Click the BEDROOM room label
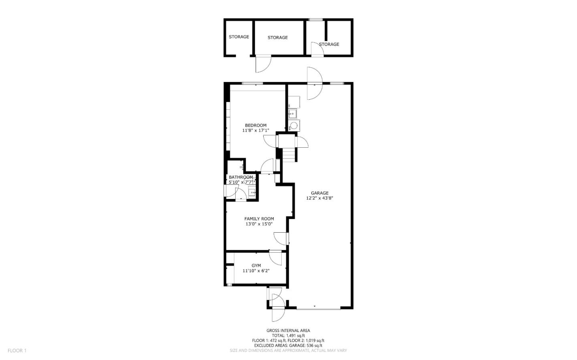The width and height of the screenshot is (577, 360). pos(256,125)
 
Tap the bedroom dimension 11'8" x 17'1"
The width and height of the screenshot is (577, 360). pos(256,131)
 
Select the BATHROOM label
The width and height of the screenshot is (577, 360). pos(241,177)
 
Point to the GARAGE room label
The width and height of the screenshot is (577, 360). pos(319,193)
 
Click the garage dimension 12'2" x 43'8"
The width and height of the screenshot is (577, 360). pos(319,198)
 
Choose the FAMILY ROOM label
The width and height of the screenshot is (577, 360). pos(259,219)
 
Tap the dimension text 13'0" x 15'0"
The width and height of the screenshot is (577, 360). pos(259,224)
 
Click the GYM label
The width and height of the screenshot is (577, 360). pos(256,265)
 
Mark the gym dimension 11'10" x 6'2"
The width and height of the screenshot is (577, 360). pos(256,271)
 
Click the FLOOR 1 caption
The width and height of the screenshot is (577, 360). pos(17,351)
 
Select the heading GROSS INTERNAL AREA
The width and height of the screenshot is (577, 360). pos(288,330)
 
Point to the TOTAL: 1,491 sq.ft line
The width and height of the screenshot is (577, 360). pos(288,336)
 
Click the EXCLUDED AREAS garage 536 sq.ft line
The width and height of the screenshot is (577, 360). pos(288,345)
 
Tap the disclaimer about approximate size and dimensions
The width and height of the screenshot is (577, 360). pos(288,350)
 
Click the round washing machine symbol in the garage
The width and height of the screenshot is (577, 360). pos(294,126)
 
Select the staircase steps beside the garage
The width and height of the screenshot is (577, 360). pos(289,154)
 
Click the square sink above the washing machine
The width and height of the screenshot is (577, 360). pos(292,113)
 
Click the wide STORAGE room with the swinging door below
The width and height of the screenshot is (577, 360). pos(278,37)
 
